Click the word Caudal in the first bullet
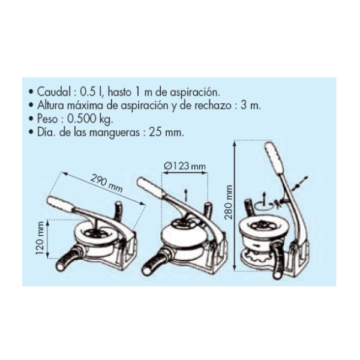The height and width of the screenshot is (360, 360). coord(54,92)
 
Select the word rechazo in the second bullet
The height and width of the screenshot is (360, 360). coord(213,106)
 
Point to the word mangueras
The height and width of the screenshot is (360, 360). coord(114,133)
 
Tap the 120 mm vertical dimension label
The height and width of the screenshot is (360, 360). coord(40,238)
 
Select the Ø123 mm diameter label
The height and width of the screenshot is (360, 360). coord(185,166)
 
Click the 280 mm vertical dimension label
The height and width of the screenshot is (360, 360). coord(229,202)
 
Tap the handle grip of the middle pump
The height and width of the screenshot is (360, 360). coord(149,186)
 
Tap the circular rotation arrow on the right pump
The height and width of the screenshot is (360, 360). coord(264,206)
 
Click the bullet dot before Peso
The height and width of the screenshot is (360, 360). coord(31,119)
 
